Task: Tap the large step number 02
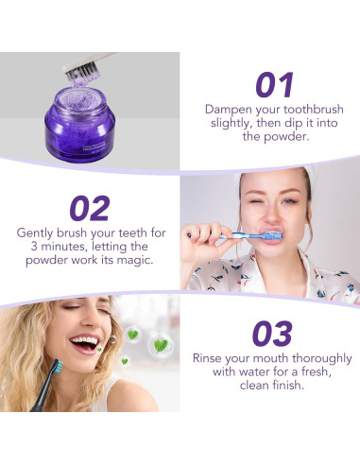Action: (x=89, y=208)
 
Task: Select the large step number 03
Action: (x=271, y=333)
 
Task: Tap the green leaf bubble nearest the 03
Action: (x=161, y=345)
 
